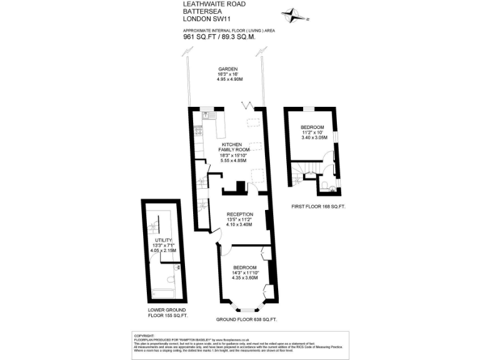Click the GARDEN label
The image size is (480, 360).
point(226,69)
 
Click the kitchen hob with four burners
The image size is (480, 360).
point(199,131)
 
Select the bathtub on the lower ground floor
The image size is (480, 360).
point(164,293)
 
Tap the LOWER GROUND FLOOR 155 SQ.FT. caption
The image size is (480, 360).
point(167,313)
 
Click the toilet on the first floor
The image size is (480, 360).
point(332,187)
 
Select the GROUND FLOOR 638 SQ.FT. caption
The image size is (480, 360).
point(246,319)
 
